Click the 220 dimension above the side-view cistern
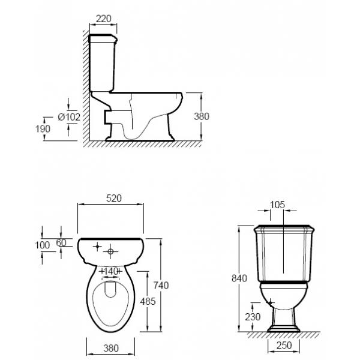pos(104,19)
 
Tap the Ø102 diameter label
pos(69,117)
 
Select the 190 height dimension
pos(43,129)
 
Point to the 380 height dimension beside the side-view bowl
pos(202,116)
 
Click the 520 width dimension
pos(114,198)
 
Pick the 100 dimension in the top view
pos(42,245)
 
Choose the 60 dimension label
pos(61,242)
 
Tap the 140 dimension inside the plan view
pos(110,272)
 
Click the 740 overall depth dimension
pos(161,286)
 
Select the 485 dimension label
pos(148,301)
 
